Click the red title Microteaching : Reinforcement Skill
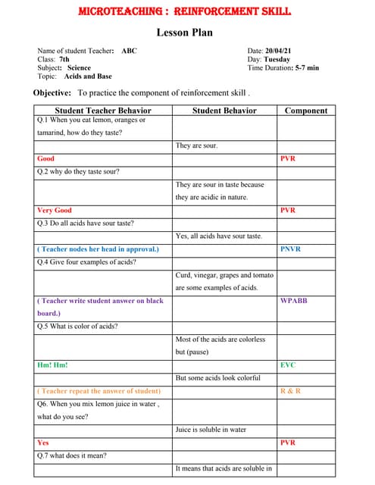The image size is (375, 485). click(x=185, y=12)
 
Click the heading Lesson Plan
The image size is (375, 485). click(x=185, y=32)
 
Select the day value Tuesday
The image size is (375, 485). click(x=277, y=59)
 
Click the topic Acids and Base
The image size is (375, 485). click(x=88, y=76)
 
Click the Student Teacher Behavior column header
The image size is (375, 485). click(x=103, y=111)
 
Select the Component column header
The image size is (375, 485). click(x=306, y=111)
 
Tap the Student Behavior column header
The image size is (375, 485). click(x=224, y=111)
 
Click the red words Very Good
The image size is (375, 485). click(x=55, y=210)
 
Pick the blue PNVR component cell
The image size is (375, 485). click(x=290, y=249)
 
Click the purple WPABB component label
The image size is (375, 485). click(x=294, y=301)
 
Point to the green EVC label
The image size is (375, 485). click(x=288, y=365)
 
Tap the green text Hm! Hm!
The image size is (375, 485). click(x=52, y=365)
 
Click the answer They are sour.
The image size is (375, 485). click(x=197, y=145)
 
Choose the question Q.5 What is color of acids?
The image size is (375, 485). click(x=77, y=327)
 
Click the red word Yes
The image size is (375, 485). click(x=43, y=443)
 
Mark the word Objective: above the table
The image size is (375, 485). click(x=52, y=92)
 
